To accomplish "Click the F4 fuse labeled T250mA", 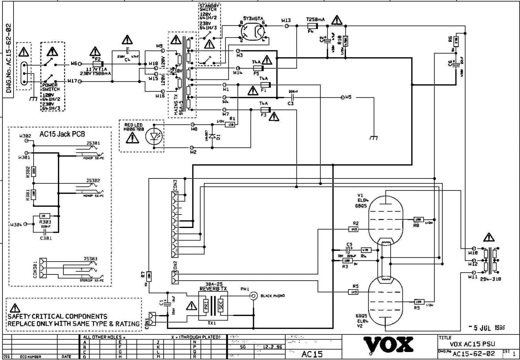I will click(x=313, y=26).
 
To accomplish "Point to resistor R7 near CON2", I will click(x=148, y=276).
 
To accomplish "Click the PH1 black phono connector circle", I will click(x=254, y=296).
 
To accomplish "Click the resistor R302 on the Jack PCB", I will click(x=34, y=171).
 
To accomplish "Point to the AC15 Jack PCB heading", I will click(x=62, y=134).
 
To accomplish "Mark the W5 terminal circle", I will click(x=343, y=97).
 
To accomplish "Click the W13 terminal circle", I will click(x=286, y=26).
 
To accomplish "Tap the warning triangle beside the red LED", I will click(x=132, y=138).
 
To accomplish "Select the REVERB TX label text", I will click(x=213, y=289).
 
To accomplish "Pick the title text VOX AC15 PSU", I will click(x=472, y=344).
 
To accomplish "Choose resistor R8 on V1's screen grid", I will click(x=418, y=220).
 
